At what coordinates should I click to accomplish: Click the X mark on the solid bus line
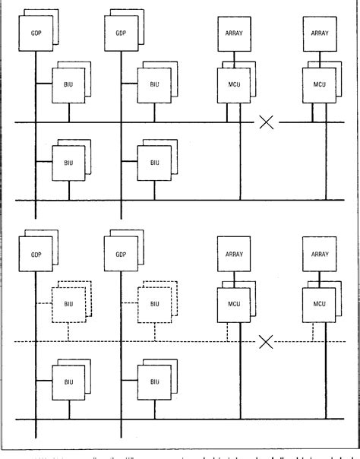click(x=267, y=122)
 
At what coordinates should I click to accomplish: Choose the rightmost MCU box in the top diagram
click(x=319, y=81)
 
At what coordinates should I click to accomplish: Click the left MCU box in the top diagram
click(x=233, y=81)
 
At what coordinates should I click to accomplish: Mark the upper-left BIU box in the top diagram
click(x=68, y=81)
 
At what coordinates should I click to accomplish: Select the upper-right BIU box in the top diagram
click(x=154, y=81)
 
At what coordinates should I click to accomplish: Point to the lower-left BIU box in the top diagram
click(x=68, y=162)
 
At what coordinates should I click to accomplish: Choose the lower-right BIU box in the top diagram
click(x=154, y=162)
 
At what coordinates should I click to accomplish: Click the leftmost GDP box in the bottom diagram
click(x=35, y=254)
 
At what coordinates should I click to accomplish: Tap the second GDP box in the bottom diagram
click(x=121, y=254)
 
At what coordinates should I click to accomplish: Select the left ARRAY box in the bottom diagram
click(x=233, y=254)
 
